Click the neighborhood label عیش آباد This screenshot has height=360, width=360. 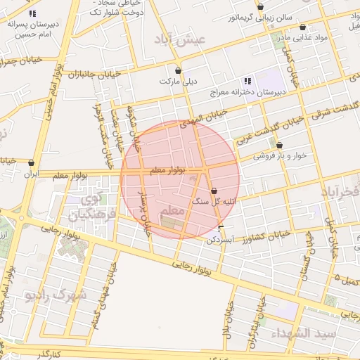pyautogui.click(x=181, y=40)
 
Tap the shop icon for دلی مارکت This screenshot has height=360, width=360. pyautogui.click(x=178, y=71)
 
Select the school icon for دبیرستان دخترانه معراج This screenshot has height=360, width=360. pyautogui.click(x=246, y=82)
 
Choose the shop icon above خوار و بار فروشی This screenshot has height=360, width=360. pyautogui.click(x=279, y=146)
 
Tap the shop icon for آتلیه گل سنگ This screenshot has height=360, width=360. pyautogui.click(x=214, y=191)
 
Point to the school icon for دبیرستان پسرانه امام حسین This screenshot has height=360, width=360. pyautogui.click(x=32, y=13)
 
